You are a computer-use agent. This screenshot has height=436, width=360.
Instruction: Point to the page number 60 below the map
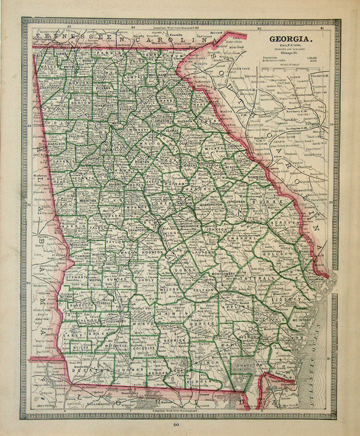pos(176,425)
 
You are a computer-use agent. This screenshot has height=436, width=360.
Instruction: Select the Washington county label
pos(210,205)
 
